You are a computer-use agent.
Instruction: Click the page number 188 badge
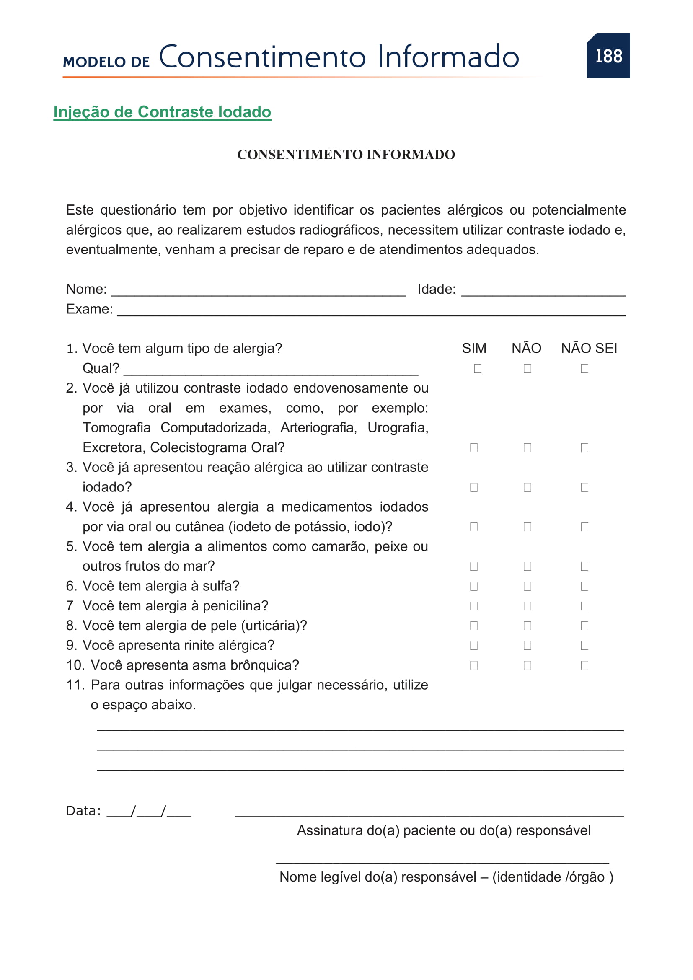coord(608,56)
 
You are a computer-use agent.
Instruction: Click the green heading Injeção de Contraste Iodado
coord(162,112)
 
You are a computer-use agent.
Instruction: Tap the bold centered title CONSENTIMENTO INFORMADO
coord(346,155)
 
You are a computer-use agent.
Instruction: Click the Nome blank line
coord(258,292)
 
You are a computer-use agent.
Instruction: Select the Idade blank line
coord(543,292)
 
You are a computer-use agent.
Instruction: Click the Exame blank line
coord(371,312)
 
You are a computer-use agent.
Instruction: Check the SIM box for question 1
coord(478,368)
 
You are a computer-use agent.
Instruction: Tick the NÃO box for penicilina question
coord(528,606)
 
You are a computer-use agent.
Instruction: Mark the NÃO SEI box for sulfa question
coord(584,586)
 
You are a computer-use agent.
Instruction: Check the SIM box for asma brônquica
coord(474,665)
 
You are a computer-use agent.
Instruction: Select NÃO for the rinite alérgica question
coord(528,645)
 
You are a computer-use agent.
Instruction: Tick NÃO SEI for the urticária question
coord(584,626)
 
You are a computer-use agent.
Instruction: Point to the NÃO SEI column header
coord(589,348)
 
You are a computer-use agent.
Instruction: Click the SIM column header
coord(474,348)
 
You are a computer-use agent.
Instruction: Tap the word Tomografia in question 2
coord(116,428)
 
